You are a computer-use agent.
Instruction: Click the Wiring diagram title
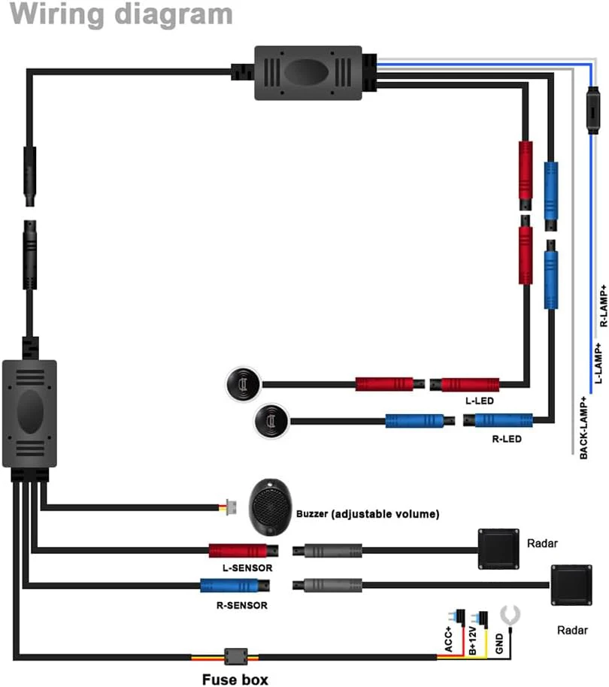click(121, 14)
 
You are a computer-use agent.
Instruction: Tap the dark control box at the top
click(308, 73)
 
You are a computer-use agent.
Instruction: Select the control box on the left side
click(29, 413)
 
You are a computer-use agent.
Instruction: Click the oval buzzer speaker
click(270, 507)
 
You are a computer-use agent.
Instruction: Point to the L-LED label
click(480, 401)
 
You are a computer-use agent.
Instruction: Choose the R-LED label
click(507, 439)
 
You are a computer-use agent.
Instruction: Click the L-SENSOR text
click(247, 567)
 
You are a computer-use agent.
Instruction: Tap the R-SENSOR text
click(242, 606)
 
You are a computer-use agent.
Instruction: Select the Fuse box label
click(235, 679)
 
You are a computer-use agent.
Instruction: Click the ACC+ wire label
click(448, 639)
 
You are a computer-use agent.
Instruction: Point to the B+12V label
click(472, 640)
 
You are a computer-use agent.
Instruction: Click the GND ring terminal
click(510, 615)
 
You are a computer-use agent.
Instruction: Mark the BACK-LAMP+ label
click(583, 428)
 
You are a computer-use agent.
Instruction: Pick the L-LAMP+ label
click(598, 363)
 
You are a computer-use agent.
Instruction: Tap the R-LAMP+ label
click(604, 305)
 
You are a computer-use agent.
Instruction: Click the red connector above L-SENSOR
click(243, 551)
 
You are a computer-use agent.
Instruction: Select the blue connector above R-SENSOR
click(235, 586)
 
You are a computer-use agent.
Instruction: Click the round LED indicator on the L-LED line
click(243, 384)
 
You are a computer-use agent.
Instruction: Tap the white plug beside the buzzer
click(231, 507)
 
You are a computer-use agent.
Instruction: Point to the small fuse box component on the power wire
click(236, 657)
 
